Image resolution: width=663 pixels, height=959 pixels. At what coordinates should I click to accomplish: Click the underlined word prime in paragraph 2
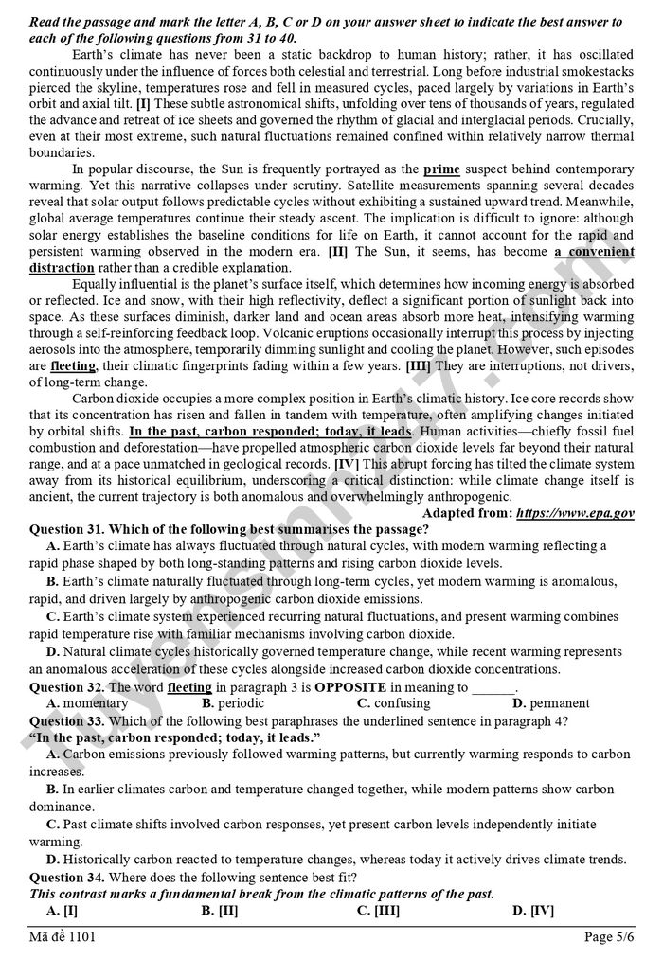pos(441,169)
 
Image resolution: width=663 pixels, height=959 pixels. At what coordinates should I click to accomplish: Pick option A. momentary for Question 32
pos(86,703)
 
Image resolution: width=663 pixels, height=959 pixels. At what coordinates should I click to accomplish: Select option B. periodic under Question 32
pos(234,703)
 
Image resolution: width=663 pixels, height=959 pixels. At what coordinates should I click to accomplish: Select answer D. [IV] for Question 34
pos(532,910)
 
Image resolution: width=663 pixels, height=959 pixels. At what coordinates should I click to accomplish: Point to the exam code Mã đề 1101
pos(63,937)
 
